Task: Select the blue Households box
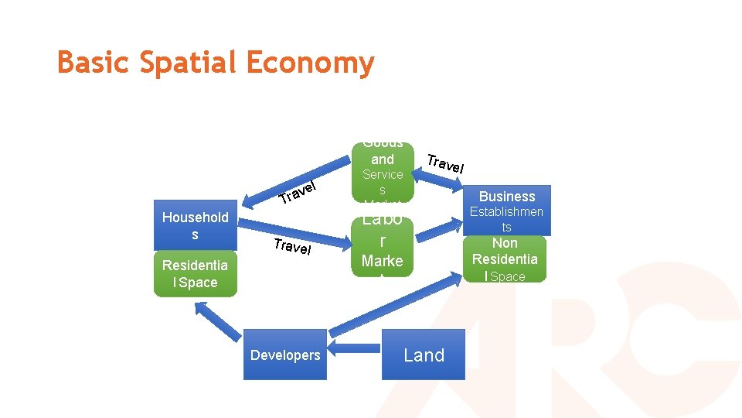(x=195, y=225)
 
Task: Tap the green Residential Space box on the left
(x=195, y=273)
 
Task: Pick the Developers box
(x=284, y=355)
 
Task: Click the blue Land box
(x=424, y=355)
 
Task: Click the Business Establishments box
(x=506, y=211)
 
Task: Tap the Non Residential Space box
(x=506, y=259)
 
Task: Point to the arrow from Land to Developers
(x=355, y=355)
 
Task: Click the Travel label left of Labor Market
(x=292, y=247)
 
